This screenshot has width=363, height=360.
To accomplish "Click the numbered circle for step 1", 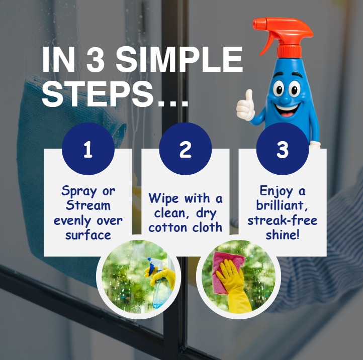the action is [88, 149].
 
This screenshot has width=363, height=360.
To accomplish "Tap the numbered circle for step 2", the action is [186, 149].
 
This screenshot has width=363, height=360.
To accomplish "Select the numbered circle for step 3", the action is [283, 149].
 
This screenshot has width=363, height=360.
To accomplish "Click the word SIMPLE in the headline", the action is [179, 59].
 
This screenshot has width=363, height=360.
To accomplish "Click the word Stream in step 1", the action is [88, 205].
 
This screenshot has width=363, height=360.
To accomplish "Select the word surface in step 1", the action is [88, 235].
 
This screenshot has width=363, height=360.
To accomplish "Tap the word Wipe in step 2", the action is [164, 198].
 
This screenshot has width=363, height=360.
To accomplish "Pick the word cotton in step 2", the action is [167, 228].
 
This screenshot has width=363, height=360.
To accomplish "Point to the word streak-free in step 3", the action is [283, 220].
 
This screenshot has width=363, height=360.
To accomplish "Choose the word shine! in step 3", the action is [283, 234].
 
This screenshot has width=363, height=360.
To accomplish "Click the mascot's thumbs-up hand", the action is [245, 106].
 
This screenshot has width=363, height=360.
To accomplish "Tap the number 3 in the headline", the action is [95, 59].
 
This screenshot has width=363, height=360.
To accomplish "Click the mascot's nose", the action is [286, 99].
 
